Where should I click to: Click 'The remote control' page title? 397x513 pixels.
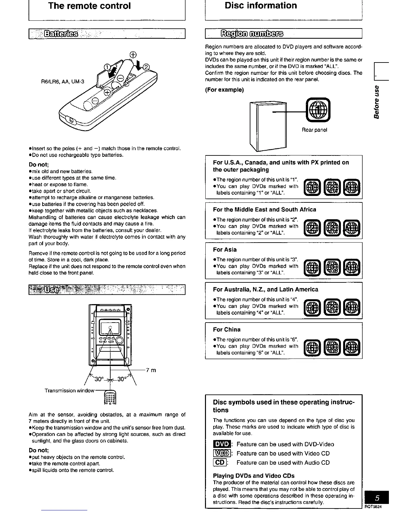pos(89,6)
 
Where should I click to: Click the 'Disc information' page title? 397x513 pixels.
pos(261,6)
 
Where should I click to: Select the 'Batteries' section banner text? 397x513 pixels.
pos(61,34)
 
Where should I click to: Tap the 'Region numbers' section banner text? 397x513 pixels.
pos(252,34)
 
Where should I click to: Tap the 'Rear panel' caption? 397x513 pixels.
pos(314,130)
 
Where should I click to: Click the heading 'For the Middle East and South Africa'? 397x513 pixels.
pos(264,210)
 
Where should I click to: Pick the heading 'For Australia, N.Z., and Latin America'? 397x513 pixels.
pos(265,290)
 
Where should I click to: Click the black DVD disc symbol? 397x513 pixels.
pos(221,444)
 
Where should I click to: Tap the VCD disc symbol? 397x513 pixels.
pos(221,454)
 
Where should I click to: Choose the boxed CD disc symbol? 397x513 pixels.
pos(220,463)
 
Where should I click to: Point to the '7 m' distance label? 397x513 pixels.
pos(151,370)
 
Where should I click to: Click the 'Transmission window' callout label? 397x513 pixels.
pos(69,391)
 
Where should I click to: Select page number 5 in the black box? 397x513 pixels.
pos(377,498)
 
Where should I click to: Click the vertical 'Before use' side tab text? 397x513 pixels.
pos(377,102)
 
